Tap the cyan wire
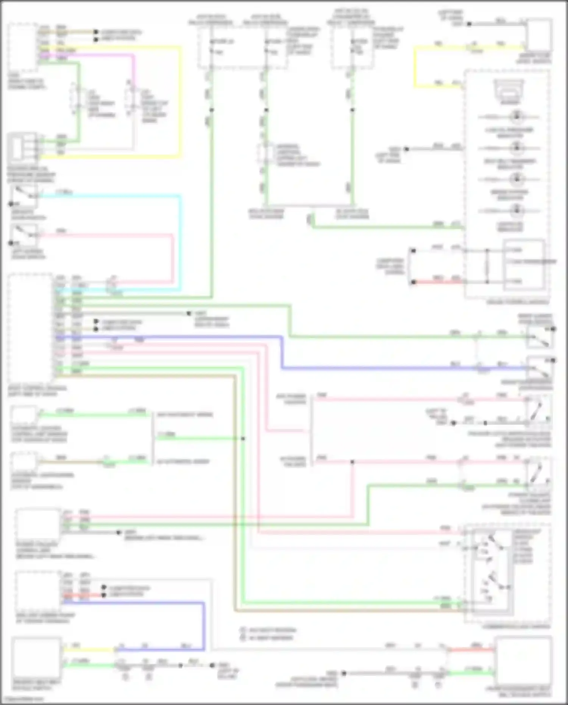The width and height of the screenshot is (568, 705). [180, 242]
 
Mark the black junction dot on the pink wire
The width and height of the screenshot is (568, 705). [352, 462]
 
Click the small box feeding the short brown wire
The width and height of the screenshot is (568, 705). [23, 461]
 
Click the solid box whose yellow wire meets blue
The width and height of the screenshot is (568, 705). [36, 660]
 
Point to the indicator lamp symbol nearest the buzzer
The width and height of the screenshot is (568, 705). [517, 116]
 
